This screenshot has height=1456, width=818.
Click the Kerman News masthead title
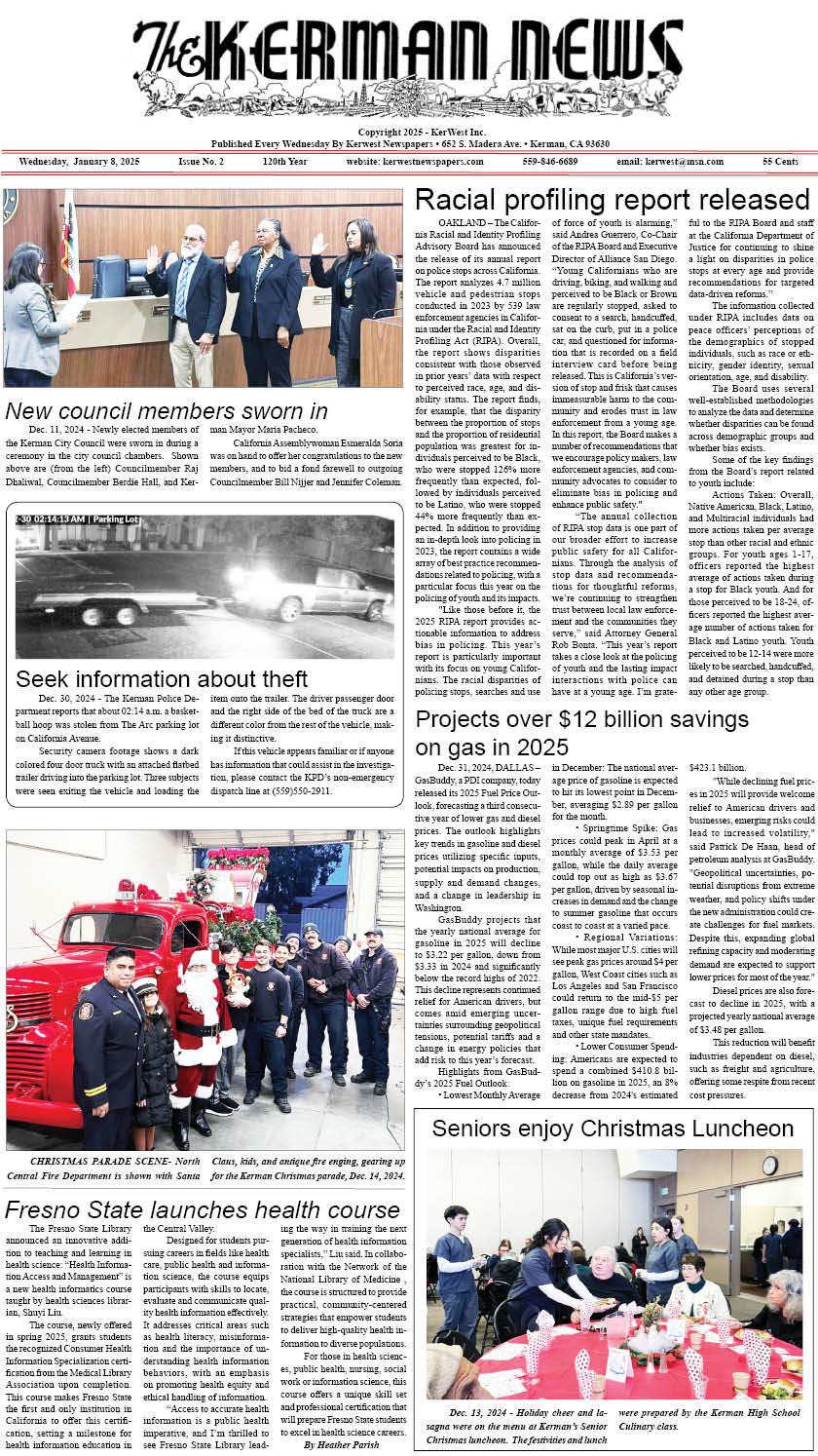[409, 60]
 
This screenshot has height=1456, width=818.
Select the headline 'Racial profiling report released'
[612, 200]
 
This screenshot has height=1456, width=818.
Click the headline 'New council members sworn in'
[167, 410]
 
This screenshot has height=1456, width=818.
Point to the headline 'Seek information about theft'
[162, 678]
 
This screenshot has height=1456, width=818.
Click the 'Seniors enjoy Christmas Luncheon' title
[613, 1129]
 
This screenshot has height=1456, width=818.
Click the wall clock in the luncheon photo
[769, 1165]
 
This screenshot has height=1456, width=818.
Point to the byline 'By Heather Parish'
[336, 1443]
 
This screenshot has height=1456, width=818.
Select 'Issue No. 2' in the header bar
[201, 162]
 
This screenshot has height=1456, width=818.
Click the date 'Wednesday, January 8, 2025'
[80, 162]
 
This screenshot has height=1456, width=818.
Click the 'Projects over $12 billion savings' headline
[581, 719]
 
